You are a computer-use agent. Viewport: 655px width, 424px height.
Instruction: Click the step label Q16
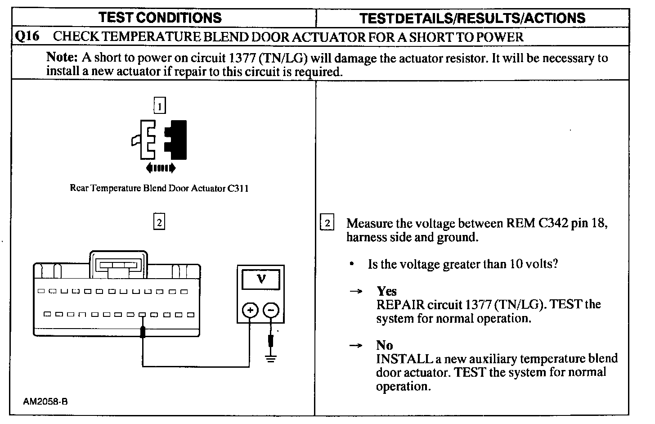coord(27,36)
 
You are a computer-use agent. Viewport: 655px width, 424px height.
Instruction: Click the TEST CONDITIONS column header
coord(160,18)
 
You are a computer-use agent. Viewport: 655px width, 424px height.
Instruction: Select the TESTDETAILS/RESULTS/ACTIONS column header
coord(472,18)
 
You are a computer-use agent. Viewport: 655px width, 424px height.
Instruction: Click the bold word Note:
coord(63,58)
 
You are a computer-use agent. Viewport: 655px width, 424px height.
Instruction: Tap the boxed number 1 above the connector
coord(160,106)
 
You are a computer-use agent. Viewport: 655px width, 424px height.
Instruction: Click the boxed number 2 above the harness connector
coord(159,222)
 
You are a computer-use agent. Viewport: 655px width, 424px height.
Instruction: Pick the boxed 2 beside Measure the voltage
coord(327,223)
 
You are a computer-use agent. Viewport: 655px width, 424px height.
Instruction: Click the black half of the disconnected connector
coord(177,140)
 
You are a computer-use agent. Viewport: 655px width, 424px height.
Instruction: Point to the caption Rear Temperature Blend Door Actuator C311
coord(159,188)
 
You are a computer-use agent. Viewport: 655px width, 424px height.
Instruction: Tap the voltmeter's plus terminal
coord(250,310)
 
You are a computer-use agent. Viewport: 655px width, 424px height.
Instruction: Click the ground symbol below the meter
coord(271,358)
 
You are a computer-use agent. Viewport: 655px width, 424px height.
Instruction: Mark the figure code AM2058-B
coord(46,401)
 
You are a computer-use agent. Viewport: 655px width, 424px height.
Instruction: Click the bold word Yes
coord(386,291)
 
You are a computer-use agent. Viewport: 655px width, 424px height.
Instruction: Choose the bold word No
coord(385,345)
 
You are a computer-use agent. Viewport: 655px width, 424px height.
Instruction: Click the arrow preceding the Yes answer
coord(356,291)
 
